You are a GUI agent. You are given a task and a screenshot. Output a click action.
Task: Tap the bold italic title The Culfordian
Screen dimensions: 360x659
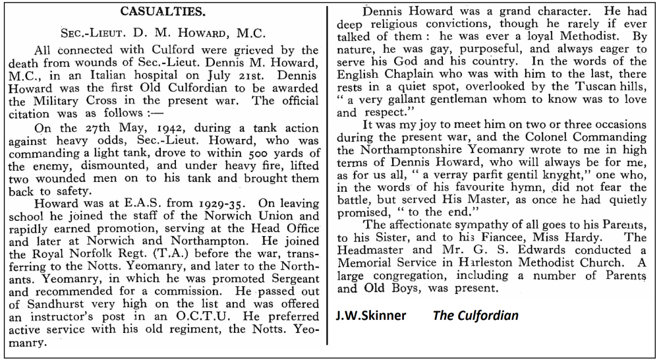pos(476,315)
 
